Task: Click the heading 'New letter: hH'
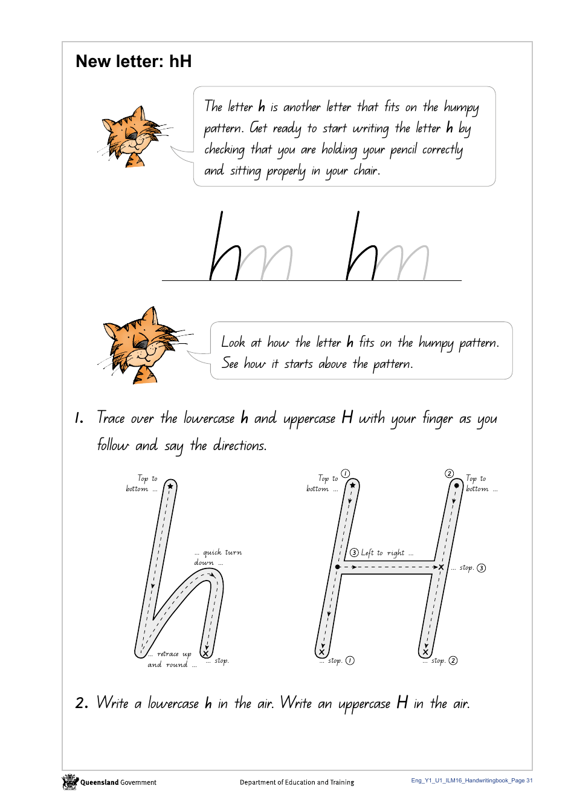134,62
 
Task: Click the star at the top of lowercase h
170,486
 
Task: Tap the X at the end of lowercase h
205,653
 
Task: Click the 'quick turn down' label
218,557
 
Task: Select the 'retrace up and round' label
171,659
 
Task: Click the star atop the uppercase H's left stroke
352,485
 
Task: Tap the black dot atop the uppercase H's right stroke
457,485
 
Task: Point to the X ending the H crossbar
441,567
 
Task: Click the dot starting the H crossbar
338,567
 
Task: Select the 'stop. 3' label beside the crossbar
472,568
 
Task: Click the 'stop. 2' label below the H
443,661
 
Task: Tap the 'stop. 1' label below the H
340,661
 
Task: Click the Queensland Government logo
71,782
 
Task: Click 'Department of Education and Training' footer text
297,782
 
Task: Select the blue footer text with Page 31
472,781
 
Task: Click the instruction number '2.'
82,703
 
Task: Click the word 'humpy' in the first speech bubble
461,108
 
